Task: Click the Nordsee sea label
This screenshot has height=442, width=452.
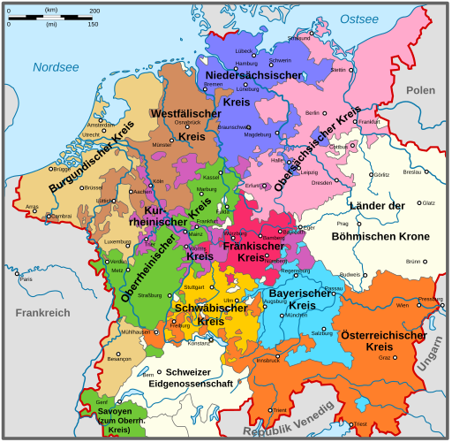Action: click(x=56, y=67)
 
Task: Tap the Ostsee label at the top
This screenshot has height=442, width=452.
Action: click(x=359, y=19)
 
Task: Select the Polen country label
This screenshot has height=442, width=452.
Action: click(x=421, y=91)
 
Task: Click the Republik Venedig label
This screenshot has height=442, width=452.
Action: click(x=290, y=421)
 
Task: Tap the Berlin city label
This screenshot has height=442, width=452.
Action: click(x=312, y=113)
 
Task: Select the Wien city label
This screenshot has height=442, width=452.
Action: click(x=403, y=305)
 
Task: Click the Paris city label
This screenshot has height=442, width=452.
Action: click(x=26, y=279)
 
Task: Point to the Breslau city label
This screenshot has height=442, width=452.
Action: click(x=412, y=172)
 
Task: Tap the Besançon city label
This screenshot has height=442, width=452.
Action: click(x=94, y=360)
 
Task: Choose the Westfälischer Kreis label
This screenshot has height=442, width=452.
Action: click(x=186, y=125)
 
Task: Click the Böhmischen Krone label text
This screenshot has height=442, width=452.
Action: click(x=393, y=236)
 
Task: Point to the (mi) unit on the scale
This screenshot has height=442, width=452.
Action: click(x=52, y=25)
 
